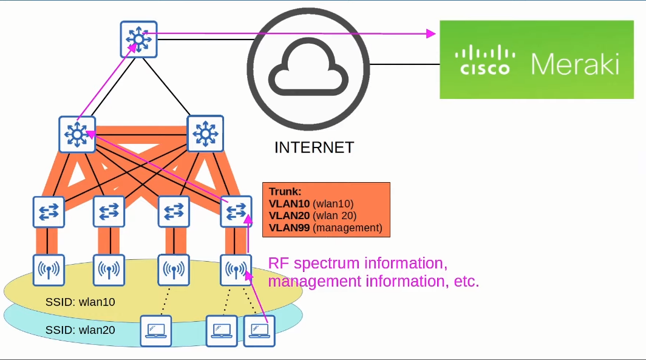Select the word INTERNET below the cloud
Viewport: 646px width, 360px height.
point(314,148)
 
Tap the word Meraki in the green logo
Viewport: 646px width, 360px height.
point(575,63)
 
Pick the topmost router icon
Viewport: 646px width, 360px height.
point(138,39)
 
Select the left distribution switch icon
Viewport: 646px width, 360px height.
point(77,134)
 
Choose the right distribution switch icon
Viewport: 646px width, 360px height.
point(206,134)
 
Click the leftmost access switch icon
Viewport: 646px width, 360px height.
point(49,211)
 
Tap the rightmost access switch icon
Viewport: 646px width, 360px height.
point(236,211)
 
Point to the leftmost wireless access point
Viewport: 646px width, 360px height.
point(49,270)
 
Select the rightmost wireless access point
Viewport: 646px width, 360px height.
point(236,270)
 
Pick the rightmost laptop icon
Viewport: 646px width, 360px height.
point(260,331)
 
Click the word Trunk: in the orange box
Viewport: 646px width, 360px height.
point(285,191)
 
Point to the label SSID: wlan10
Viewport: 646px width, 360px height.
point(80,302)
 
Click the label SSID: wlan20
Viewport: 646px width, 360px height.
point(80,330)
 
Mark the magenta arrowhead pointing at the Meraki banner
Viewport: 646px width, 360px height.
point(432,33)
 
